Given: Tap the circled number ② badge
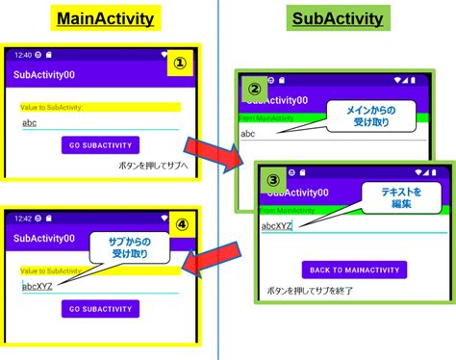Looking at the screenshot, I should (255, 89).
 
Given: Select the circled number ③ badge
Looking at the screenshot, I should (273, 179).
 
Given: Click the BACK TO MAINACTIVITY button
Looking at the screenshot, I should (354, 270).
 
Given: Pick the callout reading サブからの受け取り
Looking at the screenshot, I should (123, 248).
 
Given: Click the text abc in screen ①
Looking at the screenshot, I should (30, 123).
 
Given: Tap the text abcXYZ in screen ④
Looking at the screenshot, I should (40, 284).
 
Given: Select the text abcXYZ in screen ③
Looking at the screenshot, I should (279, 227).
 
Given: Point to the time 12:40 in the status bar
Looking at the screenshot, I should (23, 55).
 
